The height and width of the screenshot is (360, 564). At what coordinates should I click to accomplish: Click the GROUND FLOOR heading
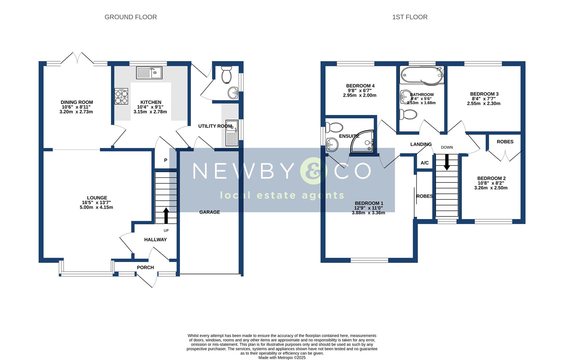click(131, 17)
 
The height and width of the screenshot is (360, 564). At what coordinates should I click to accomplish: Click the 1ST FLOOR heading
click(410, 17)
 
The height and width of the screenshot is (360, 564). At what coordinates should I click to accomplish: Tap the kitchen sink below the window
click(149, 72)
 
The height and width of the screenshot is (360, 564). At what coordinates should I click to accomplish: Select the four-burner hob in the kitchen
click(121, 96)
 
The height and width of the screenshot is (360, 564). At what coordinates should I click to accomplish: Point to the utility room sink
click(232, 133)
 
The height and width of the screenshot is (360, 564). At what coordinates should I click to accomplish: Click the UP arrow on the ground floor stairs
click(166, 216)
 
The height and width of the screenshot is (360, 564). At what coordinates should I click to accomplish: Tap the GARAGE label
click(210, 212)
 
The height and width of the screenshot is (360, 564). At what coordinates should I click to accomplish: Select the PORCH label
click(145, 267)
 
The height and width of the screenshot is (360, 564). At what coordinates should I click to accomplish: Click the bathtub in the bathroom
click(422, 75)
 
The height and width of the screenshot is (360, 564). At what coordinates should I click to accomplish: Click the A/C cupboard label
click(425, 163)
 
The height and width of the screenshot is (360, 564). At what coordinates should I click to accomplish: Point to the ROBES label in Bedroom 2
click(505, 142)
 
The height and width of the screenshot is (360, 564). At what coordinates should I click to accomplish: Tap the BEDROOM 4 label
click(360, 86)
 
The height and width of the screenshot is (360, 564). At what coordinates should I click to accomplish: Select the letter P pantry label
click(165, 160)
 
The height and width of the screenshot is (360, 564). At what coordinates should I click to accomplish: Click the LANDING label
click(421, 144)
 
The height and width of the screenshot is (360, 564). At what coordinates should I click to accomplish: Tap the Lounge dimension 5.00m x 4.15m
click(96, 207)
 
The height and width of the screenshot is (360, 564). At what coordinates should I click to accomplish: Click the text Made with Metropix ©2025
click(282, 357)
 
